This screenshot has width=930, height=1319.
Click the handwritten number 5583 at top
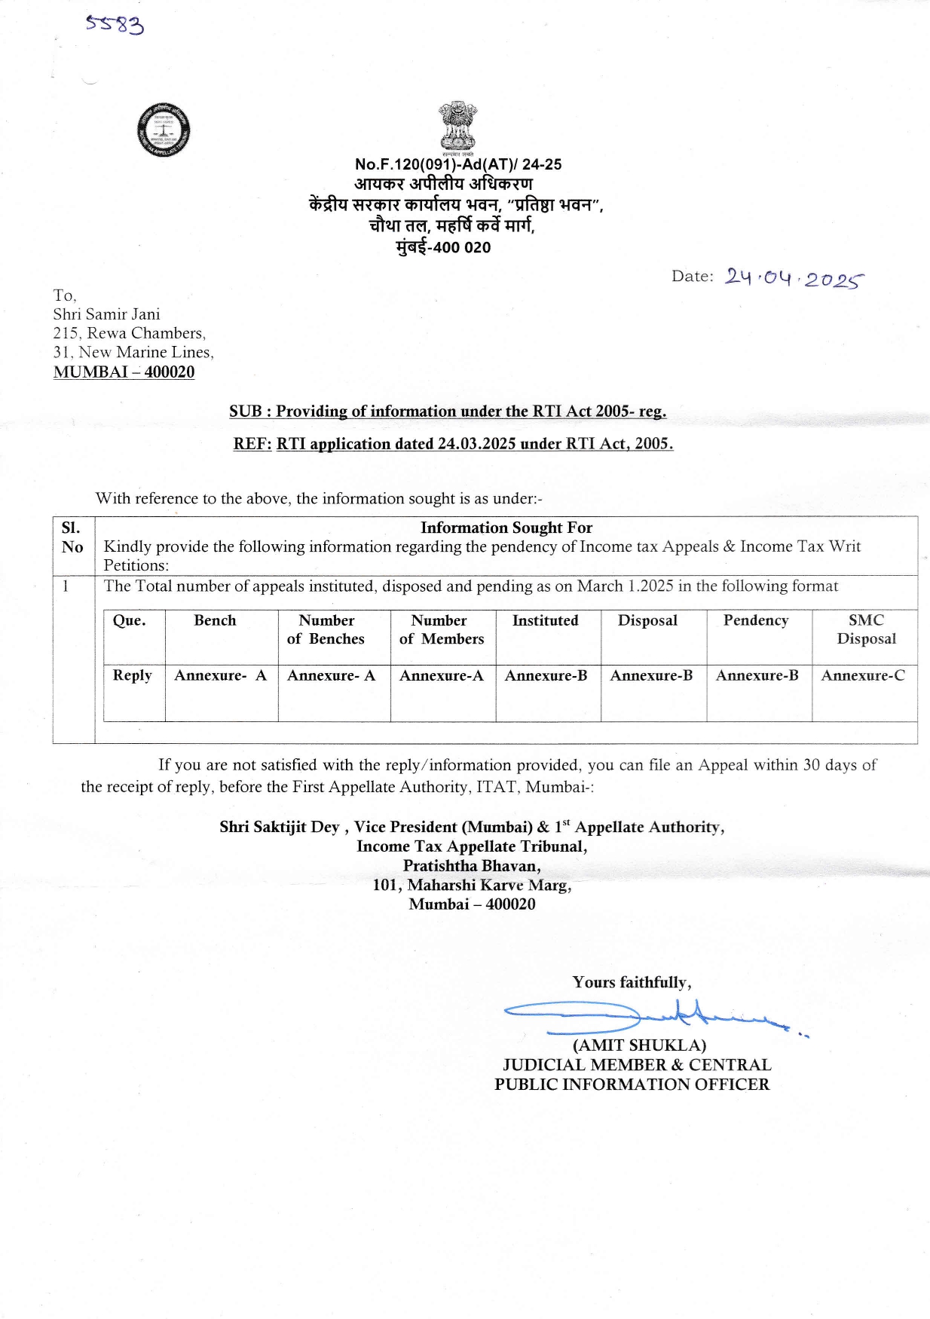(115, 25)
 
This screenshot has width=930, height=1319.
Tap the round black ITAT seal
(164, 130)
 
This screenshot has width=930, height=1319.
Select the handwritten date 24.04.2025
(794, 278)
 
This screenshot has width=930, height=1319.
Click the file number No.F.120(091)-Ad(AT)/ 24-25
(458, 164)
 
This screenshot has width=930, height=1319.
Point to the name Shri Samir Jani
(106, 314)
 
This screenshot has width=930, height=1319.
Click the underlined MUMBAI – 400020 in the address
(124, 372)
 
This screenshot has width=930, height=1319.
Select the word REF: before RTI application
(252, 444)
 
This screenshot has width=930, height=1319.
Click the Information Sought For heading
(506, 528)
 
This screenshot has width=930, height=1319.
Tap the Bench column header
(215, 620)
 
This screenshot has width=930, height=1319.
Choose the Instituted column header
(545, 620)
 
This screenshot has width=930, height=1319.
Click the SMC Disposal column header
(866, 629)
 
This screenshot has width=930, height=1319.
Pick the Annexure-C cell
(863, 675)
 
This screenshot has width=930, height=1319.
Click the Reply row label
(132, 675)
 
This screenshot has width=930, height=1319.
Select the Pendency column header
(756, 620)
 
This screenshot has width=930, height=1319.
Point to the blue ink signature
(648, 1017)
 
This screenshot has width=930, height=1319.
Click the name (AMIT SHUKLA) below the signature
(639, 1045)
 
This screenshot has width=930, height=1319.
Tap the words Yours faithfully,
(632, 982)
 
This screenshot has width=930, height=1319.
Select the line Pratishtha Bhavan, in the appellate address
(472, 866)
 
